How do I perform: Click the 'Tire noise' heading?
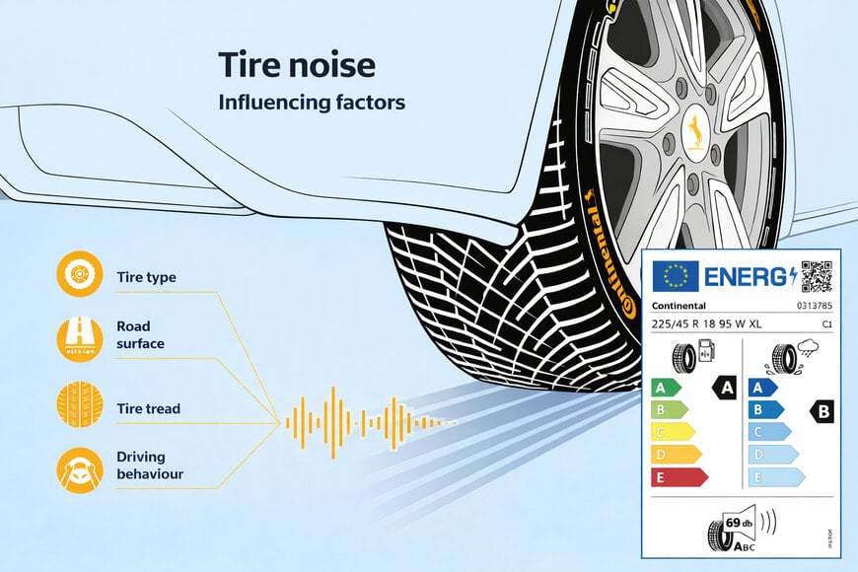(297, 66)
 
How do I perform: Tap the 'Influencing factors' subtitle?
(312, 102)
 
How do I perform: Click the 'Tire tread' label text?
(148, 408)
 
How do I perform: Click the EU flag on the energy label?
(675, 276)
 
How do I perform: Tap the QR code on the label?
(816, 276)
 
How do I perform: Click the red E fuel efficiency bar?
(679, 477)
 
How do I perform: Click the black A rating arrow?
(724, 388)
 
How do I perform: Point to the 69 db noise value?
(739, 522)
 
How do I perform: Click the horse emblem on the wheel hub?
(695, 128)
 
